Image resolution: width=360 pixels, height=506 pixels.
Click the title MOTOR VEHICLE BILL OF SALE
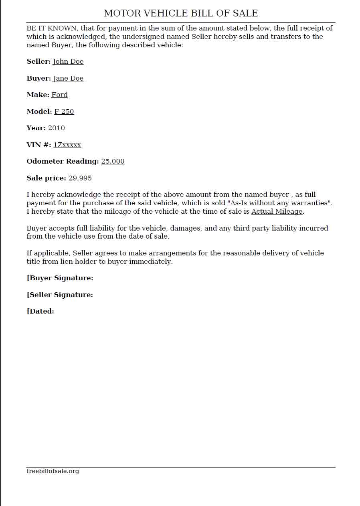tap(181, 13)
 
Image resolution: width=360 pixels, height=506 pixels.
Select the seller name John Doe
tap(68, 61)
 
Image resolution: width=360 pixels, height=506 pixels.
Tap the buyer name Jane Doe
tap(68, 78)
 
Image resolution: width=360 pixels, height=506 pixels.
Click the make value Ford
tap(60, 95)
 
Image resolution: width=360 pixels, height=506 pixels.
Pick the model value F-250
tap(64, 111)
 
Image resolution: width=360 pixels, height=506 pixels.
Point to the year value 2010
tap(56, 128)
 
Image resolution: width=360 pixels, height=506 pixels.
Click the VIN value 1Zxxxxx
tap(67, 145)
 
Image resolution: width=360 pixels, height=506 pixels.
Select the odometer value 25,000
tap(113, 161)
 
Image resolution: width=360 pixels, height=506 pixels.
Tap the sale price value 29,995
tap(80, 178)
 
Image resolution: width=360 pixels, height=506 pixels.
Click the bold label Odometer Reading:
tap(63, 161)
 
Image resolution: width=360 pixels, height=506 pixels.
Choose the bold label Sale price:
tap(46, 178)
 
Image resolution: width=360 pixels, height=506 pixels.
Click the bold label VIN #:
tap(39, 145)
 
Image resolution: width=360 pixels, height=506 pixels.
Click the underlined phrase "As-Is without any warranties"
tap(279, 203)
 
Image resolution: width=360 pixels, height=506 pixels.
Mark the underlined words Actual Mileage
tap(277, 211)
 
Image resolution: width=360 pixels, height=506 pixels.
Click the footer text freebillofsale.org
tap(53, 471)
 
